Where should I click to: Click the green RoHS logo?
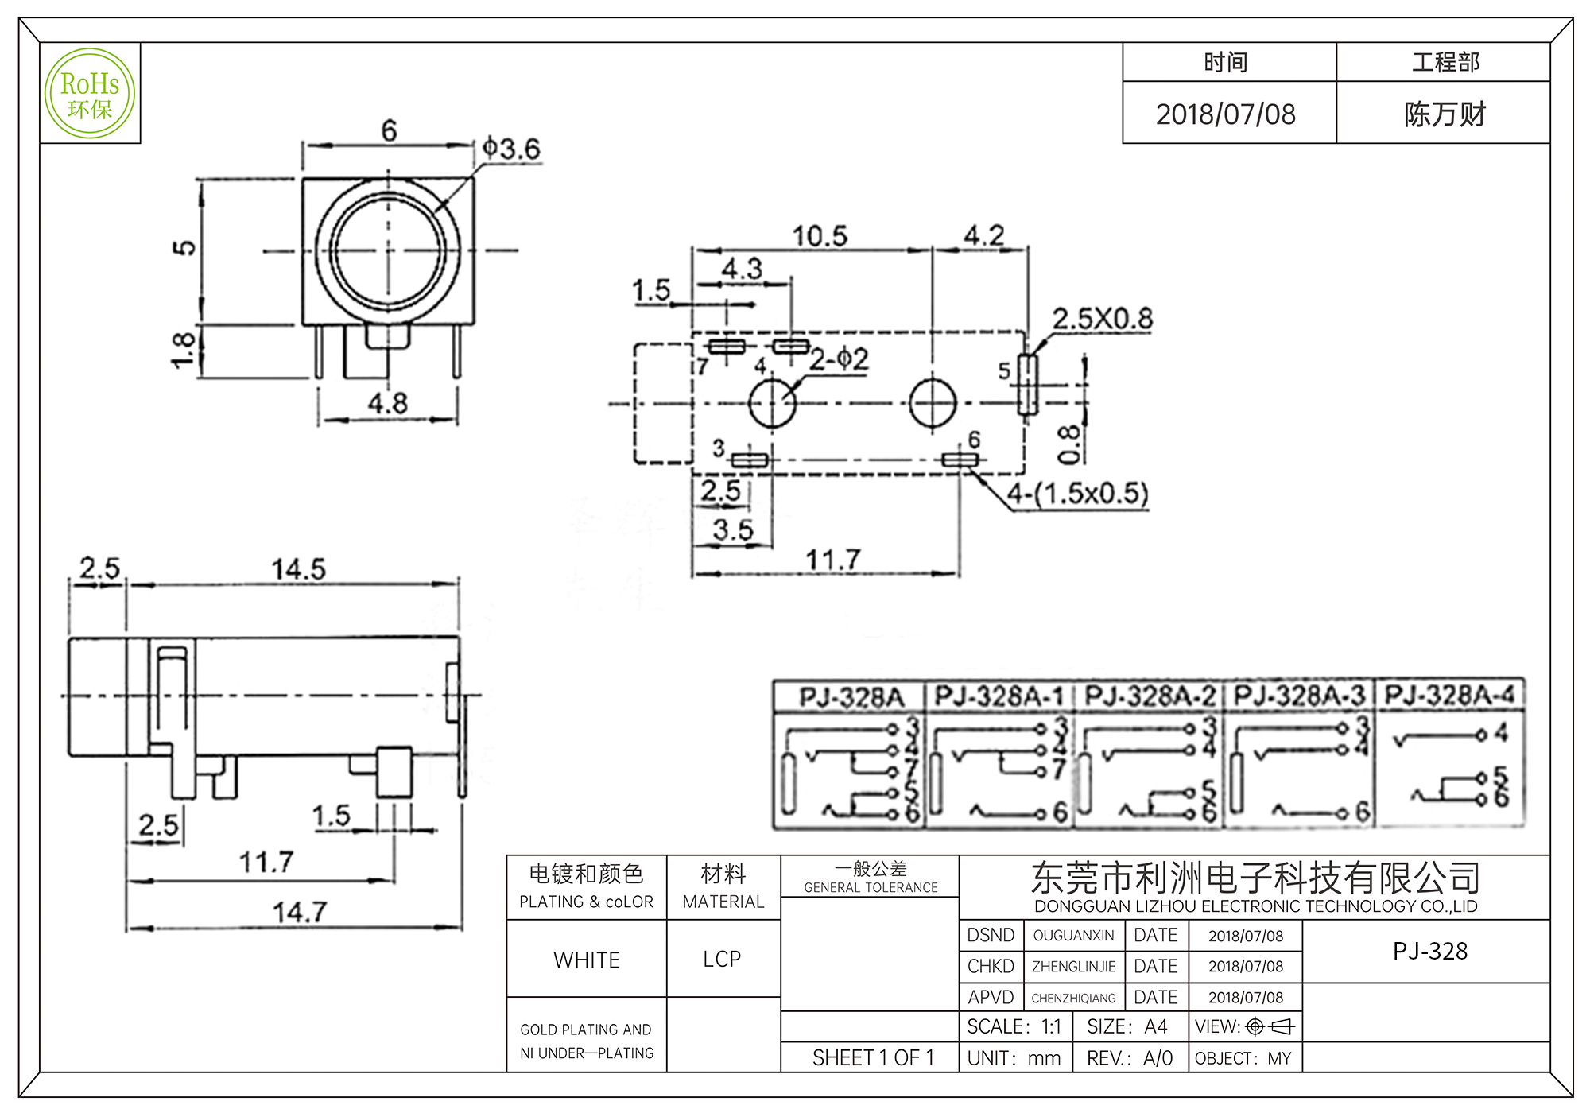coord(90,94)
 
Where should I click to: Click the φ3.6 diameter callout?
coord(511,149)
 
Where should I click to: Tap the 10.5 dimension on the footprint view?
coord(820,236)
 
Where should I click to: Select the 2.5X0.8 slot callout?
coord(1102,319)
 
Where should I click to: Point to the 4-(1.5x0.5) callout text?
coord(1077,494)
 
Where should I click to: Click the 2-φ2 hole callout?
coord(839,359)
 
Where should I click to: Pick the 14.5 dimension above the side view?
coord(298,569)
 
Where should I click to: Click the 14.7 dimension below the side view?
coord(299,912)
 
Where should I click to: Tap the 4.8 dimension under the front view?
coord(387,403)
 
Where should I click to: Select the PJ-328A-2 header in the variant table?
coord(1150,696)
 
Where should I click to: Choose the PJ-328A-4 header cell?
coord(1450,695)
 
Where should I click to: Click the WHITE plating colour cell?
coord(587,960)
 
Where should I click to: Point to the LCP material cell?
coord(722,960)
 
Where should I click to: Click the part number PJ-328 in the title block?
coord(1429,951)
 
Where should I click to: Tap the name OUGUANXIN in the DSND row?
coord(1073,936)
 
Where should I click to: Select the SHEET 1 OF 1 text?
coord(872,1058)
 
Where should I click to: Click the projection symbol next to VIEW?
coord(1270,1027)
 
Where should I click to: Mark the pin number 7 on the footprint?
coord(702,366)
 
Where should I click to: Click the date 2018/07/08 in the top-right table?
coord(1225,114)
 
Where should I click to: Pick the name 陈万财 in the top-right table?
coord(1445,114)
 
